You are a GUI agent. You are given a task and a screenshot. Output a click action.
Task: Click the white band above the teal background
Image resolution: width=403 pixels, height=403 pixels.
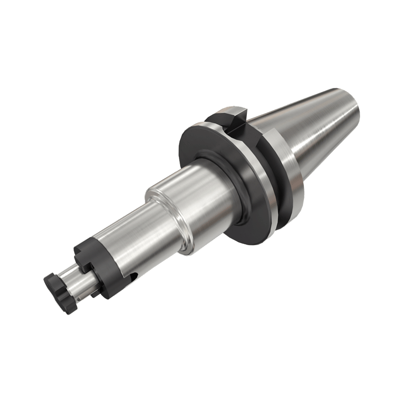tap(201, 38)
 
